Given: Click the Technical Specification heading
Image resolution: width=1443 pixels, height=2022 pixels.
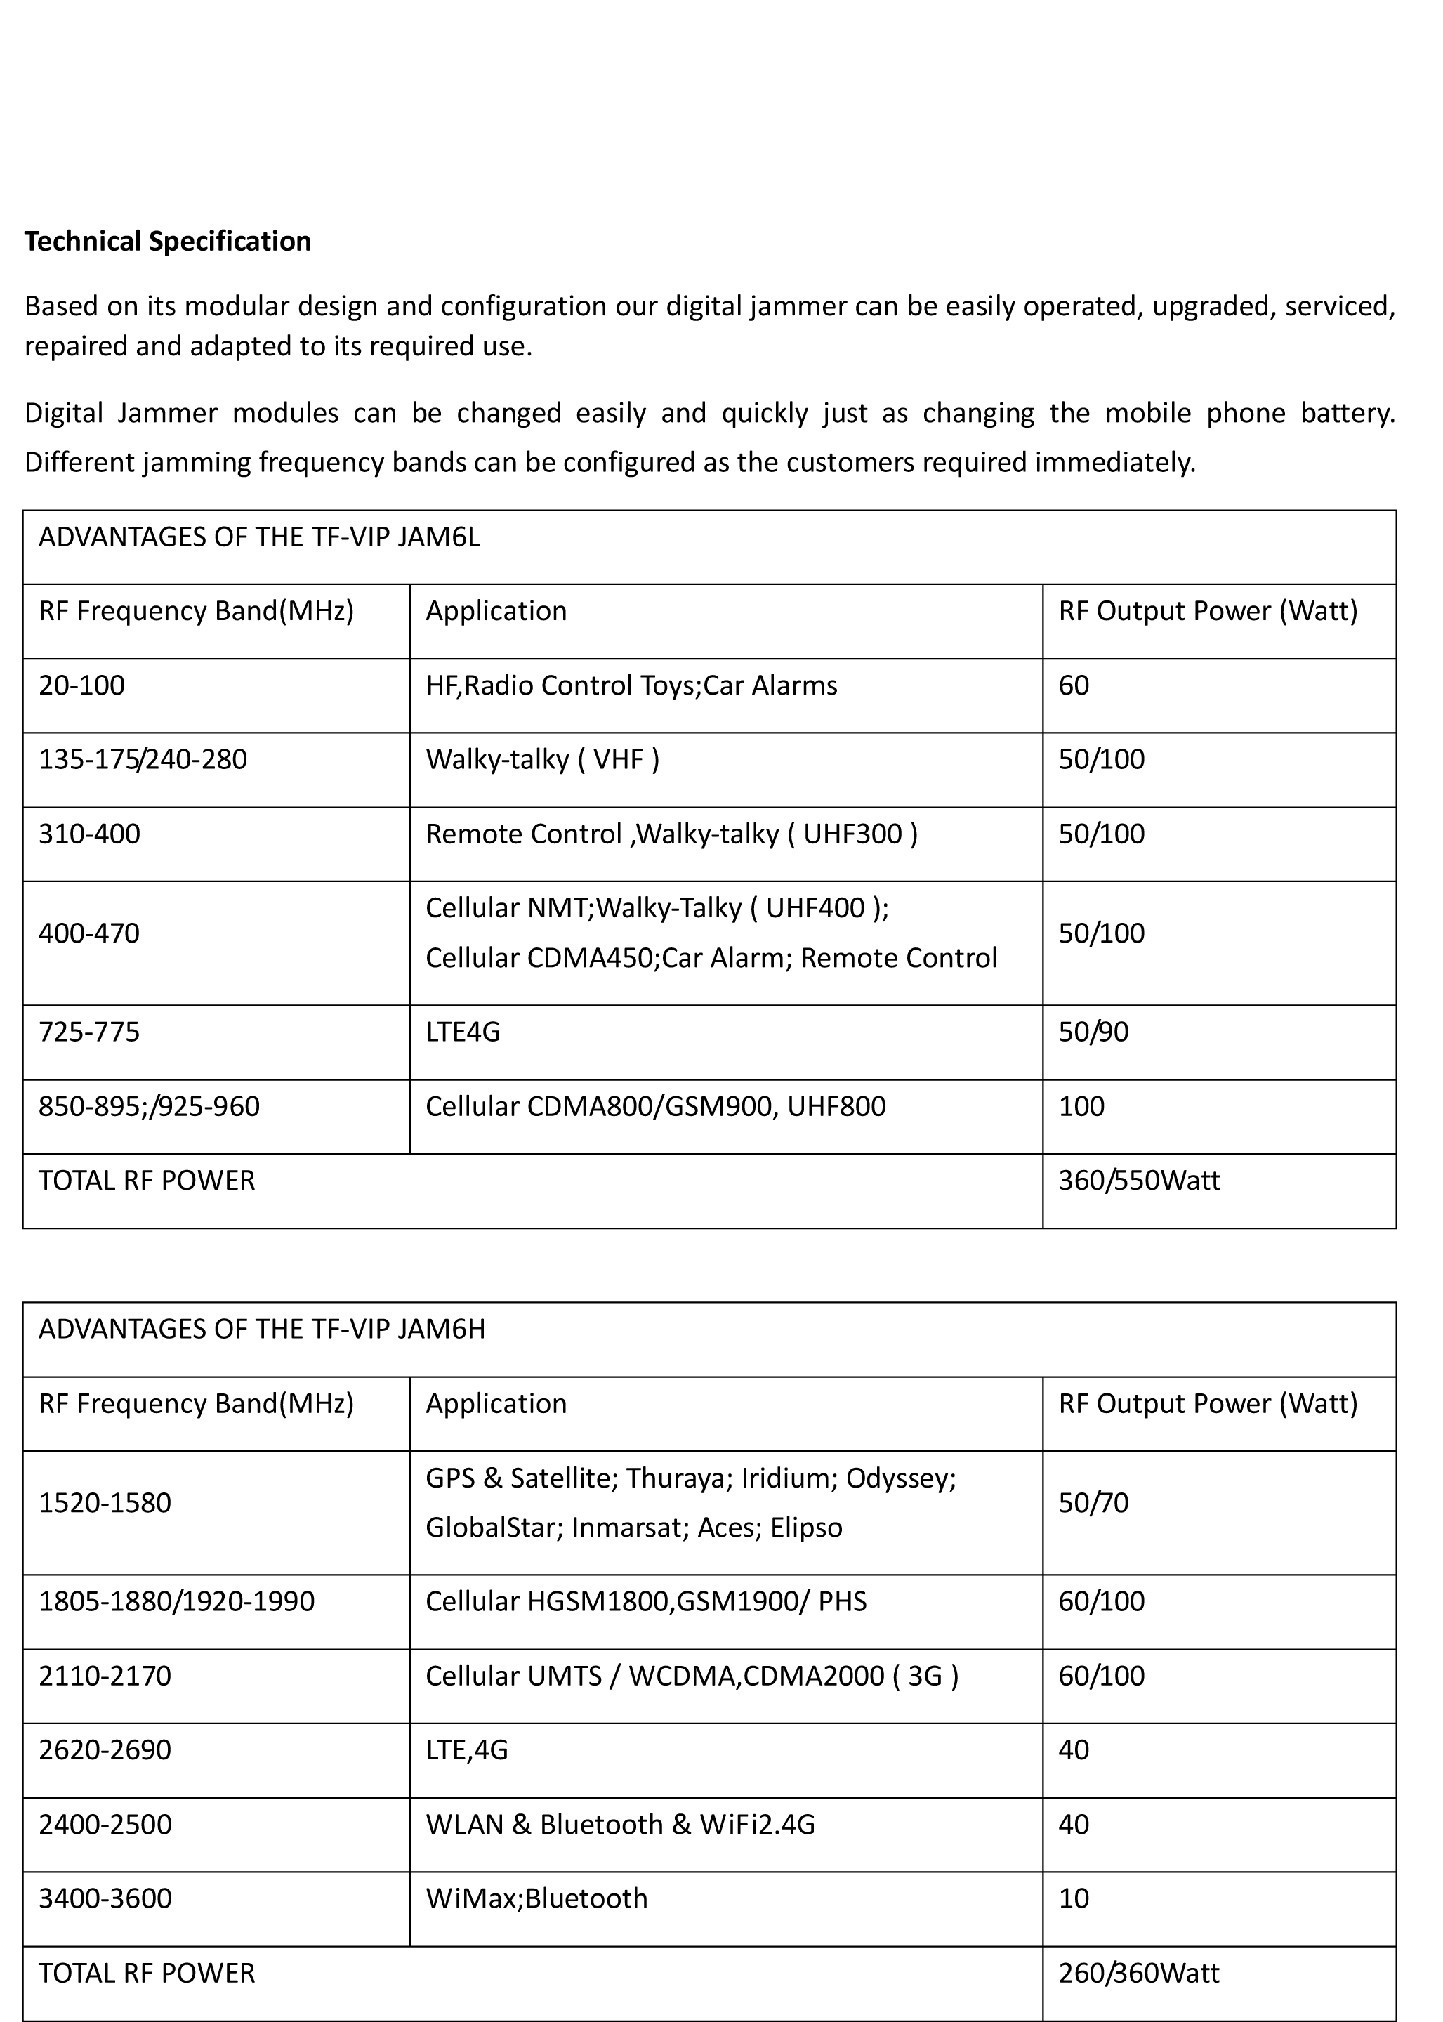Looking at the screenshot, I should (x=167, y=242).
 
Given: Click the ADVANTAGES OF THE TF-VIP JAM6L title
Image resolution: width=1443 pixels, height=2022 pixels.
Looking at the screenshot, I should (x=258, y=538).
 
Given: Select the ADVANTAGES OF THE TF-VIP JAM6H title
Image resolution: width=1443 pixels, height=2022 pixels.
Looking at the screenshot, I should (x=261, y=1329).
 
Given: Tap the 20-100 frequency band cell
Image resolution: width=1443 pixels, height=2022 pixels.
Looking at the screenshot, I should (x=81, y=685).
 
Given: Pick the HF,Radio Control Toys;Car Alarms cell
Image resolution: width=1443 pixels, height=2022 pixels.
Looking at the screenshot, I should (x=631, y=685).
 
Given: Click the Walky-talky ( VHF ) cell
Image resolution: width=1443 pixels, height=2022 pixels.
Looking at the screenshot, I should (x=542, y=759).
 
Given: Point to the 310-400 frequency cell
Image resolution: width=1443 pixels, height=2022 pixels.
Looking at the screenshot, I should (x=89, y=834).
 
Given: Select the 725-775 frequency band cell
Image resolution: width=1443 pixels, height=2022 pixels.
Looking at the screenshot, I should (x=89, y=1032).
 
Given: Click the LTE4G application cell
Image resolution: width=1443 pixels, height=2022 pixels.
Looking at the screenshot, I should (x=463, y=1032).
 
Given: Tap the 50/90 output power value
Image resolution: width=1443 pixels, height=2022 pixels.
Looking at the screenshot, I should (x=1093, y=1032).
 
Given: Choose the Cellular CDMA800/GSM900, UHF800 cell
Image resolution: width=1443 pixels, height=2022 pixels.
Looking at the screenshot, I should (x=655, y=1107).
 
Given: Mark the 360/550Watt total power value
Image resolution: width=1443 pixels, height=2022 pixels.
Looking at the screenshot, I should (x=1138, y=1181).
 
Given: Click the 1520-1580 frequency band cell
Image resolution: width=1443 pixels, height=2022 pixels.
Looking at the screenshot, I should (x=105, y=1502).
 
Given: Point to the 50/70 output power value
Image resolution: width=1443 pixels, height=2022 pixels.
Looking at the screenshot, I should (x=1093, y=1502).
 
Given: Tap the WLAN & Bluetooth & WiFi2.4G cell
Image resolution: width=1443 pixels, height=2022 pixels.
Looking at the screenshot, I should (x=619, y=1824).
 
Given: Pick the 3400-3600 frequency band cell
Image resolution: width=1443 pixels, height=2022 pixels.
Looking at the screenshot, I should (x=105, y=1898).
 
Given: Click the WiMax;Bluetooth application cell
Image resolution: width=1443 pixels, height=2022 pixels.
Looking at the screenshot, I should (x=536, y=1898).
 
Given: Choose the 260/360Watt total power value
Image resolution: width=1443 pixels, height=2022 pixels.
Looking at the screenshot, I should (x=1138, y=1972).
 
